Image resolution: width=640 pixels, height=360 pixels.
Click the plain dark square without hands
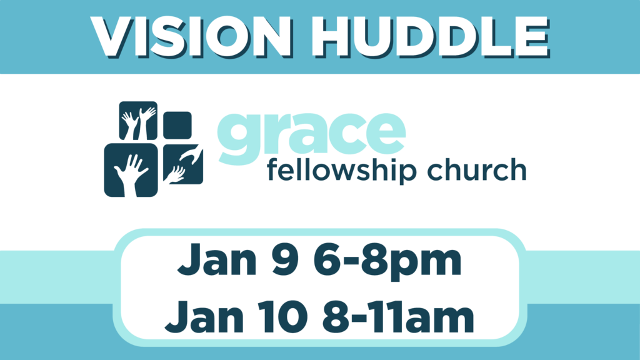(177, 125)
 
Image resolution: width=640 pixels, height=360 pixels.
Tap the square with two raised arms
(138, 121)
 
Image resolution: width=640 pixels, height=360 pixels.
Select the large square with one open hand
(131, 170)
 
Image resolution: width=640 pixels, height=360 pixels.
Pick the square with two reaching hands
(183, 164)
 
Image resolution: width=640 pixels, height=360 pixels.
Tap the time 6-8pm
(387, 262)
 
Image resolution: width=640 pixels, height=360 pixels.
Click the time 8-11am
(398, 317)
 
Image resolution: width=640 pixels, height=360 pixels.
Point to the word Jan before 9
(217, 259)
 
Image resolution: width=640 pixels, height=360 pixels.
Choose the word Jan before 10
(204, 317)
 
